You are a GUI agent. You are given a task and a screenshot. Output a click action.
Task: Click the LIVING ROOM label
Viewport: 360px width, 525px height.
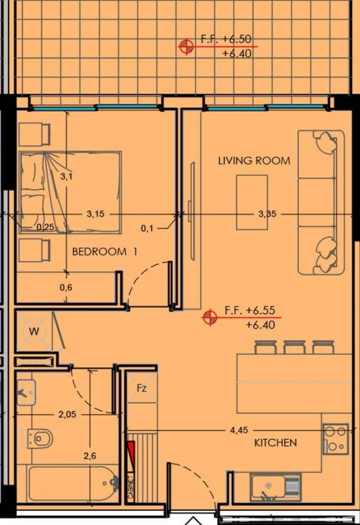[x=254, y=161]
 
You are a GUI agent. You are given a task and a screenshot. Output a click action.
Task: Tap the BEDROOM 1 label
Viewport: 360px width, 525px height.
[x=104, y=252]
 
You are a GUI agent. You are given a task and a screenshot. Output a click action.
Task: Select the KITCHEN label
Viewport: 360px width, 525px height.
[x=275, y=443]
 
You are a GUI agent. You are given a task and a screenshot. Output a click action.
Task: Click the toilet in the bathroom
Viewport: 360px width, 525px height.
[x=41, y=438]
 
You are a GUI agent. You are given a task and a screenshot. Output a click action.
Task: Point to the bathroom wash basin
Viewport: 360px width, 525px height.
[x=26, y=392]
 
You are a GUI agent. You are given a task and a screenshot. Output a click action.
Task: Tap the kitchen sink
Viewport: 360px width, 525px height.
[x=275, y=487]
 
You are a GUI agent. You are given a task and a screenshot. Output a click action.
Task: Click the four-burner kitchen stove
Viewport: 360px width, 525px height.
[x=335, y=439]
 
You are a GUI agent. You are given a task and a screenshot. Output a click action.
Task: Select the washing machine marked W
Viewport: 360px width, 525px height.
[x=34, y=331]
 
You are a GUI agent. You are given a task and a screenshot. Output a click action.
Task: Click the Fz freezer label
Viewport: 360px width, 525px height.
[x=142, y=388]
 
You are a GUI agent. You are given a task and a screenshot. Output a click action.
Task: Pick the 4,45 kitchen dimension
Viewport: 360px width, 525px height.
[x=239, y=430]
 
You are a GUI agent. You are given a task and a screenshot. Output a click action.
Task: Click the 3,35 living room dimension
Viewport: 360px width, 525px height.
[x=267, y=213]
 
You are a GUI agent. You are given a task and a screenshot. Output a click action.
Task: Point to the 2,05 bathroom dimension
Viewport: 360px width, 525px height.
[x=67, y=415]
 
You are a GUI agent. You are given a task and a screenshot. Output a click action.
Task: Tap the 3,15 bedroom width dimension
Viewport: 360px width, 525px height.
[x=96, y=213]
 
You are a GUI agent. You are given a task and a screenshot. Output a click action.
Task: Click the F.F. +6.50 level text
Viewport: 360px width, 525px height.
[x=225, y=39]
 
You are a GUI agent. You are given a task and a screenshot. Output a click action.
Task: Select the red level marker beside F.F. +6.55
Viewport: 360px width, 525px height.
[x=210, y=316]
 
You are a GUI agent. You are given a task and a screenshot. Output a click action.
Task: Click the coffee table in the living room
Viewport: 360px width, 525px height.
[x=252, y=202]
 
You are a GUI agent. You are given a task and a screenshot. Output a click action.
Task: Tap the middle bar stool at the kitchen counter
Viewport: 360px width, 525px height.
[x=294, y=347]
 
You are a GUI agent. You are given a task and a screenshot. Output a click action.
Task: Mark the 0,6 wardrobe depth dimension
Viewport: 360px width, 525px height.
[x=66, y=287]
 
